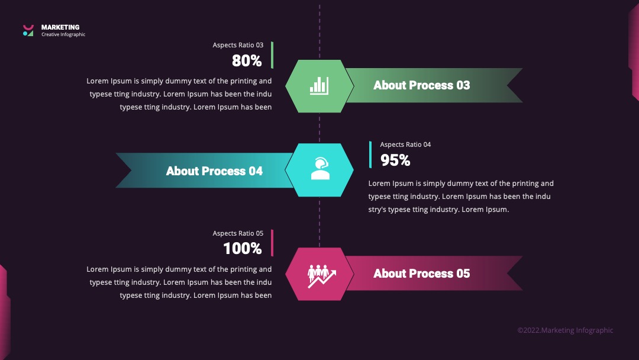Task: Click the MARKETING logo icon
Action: tap(28, 31)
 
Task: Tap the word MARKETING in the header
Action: tap(60, 27)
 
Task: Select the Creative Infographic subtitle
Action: tap(63, 35)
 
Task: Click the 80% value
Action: tap(247, 61)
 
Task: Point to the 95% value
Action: tap(395, 160)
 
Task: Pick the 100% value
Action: tap(243, 249)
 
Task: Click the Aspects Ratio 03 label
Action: tap(238, 45)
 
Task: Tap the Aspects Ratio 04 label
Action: tap(405, 144)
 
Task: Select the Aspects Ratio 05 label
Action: tap(238, 233)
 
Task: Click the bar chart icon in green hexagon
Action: tap(319, 86)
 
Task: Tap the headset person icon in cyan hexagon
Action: tap(320, 169)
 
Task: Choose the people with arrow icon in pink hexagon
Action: tap(321, 276)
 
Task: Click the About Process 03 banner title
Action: tap(422, 85)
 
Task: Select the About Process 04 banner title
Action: tap(214, 171)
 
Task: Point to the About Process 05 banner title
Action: tap(422, 274)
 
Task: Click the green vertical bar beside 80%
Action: tap(272, 55)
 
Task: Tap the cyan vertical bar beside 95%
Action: tap(370, 155)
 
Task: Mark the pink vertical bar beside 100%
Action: tap(272, 243)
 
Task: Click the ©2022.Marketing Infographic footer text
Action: tap(565, 330)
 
